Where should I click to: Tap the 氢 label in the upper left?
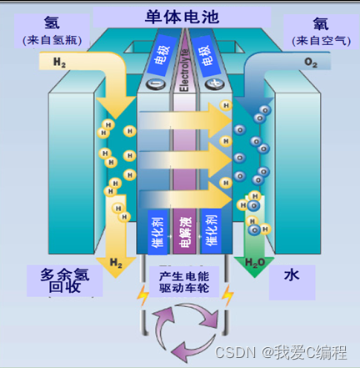52,23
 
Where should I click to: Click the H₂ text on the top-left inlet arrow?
59,62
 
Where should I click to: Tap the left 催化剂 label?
158,232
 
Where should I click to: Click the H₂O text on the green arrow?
256,265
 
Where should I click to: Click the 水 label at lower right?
291,274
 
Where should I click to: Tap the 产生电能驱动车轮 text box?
184,282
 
